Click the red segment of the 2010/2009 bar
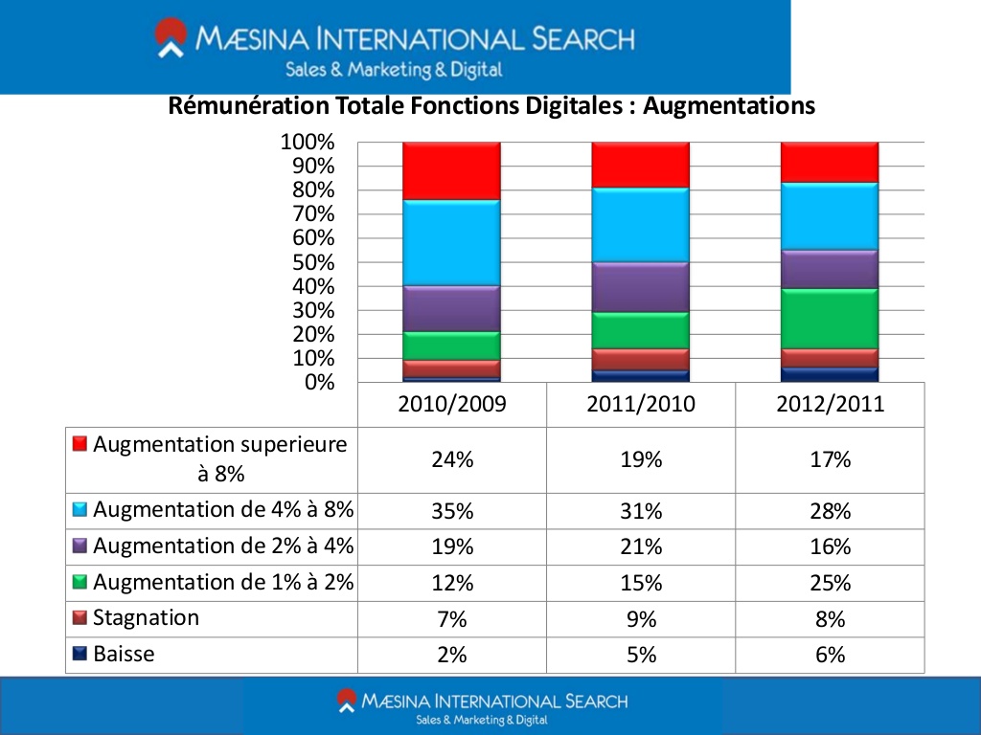pyautogui.click(x=452, y=170)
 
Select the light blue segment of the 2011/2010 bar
pyautogui.click(x=641, y=224)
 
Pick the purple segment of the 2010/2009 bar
pyautogui.click(x=452, y=308)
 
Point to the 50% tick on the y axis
pyautogui.click(x=308, y=262)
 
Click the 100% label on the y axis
pyautogui.click(x=308, y=143)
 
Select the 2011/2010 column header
pyautogui.click(x=641, y=404)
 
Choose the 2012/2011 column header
pyautogui.click(x=830, y=404)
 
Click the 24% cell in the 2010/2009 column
pyautogui.click(x=452, y=459)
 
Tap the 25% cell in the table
pyautogui.click(x=830, y=583)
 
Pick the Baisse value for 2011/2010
pyautogui.click(x=641, y=655)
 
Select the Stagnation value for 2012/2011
pyautogui.click(x=830, y=619)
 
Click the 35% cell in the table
pyautogui.click(x=452, y=511)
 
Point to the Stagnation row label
pyautogui.click(x=147, y=618)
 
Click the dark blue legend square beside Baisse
pyautogui.click(x=80, y=655)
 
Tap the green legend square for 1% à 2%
pyautogui.click(x=80, y=582)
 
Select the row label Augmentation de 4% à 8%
pyautogui.click(x=223, y=510)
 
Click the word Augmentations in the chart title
pyautogui.click(x=729, y=105)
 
